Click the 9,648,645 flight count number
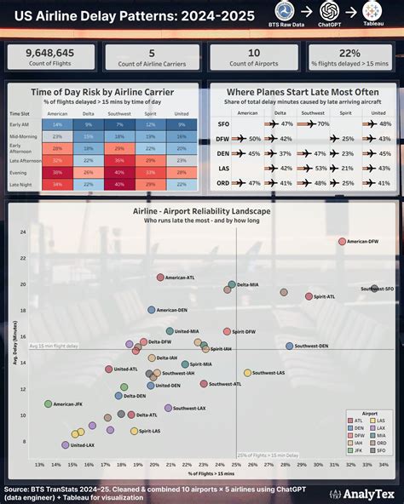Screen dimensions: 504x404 (51, 53)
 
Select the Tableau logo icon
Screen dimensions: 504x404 (372, 10)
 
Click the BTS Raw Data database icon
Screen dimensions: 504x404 (285, 10)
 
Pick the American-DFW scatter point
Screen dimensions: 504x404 (342, 242)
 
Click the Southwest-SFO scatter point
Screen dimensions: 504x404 (374, 289)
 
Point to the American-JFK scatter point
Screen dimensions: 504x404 (48, 404)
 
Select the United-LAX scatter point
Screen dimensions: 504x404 (66, 444)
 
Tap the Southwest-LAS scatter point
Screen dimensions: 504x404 (248, 373)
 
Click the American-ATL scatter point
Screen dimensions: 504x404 (160, 278)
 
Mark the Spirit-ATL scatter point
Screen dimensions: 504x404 (309, 296)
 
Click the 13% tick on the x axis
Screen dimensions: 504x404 (39, 465)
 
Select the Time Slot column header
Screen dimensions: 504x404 (20, 112)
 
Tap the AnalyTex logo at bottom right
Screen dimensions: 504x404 (361, 493)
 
